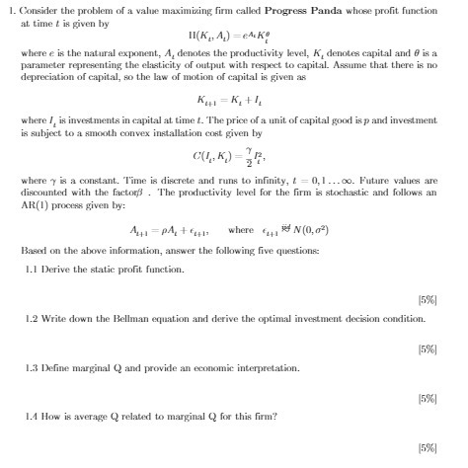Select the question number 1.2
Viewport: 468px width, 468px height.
tap(32, 319)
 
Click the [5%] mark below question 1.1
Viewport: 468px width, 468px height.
tap(428, 298)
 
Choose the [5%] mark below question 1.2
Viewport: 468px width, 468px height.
tap(428, 348)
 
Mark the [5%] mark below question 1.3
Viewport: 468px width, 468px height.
tap(428, 396)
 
